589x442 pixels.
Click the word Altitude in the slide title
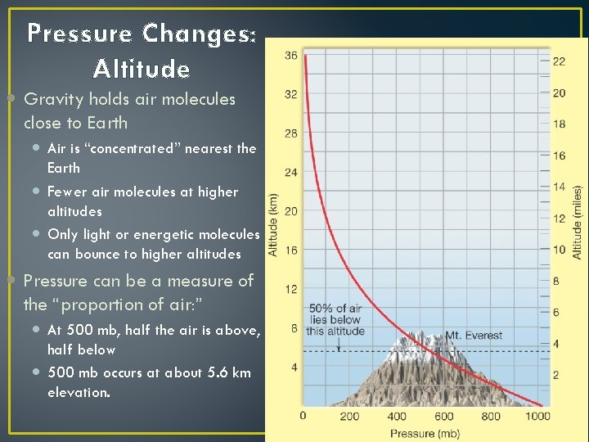click(142, 68)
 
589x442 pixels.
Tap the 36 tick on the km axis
click(291, 56)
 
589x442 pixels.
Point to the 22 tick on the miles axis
click(559, 61)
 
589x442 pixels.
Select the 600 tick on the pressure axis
click(444, 417)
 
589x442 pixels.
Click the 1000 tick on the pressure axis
click(538, 417)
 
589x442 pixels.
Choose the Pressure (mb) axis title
click(423, 433)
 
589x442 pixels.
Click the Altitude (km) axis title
click(274, 224)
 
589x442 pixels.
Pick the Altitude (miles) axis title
click(578, 220)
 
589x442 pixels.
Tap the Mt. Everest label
click(474, 336)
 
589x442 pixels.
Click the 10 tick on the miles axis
click(559, 250)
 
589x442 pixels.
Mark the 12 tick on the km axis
click(291, 289)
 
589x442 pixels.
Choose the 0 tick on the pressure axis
click(303, 417)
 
